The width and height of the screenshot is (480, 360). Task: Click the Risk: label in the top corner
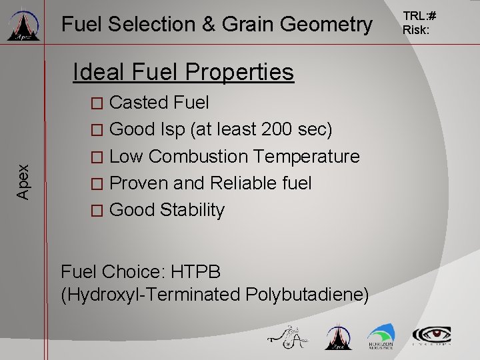pyautogui.click(x=417, y=31)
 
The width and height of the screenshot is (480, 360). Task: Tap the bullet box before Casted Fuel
pyautogui.click(x=97, y=103)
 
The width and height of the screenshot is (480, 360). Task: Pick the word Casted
pyautogui.click(x=139, y=103)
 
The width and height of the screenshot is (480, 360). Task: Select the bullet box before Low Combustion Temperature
pyautogui.click(x=97, y=157)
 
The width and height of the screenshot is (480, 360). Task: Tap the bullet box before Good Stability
pyautogui.click(x=97, y=211)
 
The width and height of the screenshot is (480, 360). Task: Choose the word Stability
pyautogui.click(x=194, y=210)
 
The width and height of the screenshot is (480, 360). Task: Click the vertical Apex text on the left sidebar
pyautogui.click(x=23, y=182)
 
